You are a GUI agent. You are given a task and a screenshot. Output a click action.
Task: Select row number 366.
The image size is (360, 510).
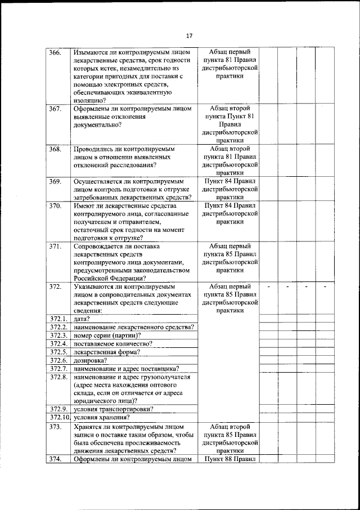[x=55, y=52]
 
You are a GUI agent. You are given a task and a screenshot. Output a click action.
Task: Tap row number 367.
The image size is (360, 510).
[x=55, y=109]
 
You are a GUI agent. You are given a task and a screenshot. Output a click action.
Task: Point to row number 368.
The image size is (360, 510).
[x=55, y=149]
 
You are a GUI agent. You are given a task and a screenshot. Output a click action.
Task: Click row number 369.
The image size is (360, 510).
[x=55, y=181]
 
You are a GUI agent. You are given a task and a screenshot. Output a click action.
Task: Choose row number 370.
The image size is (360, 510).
[x=55, y=206]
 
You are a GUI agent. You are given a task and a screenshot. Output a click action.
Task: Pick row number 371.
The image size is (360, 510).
[x=55, y=246]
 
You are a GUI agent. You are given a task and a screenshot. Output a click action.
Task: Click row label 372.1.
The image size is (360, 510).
[x=58, y=319]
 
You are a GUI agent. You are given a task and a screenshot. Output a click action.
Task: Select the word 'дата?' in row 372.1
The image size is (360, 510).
[x=82, y=319]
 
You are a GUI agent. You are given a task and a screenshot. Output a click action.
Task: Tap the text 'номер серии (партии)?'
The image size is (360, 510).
[x=107, y=335]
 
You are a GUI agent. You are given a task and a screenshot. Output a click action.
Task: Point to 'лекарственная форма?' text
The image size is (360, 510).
[x=107, y=352]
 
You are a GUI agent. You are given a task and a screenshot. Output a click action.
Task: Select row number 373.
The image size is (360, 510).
[x=55, y=426]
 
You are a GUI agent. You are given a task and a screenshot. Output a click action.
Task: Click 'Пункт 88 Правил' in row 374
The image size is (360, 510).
[x=229, y=459]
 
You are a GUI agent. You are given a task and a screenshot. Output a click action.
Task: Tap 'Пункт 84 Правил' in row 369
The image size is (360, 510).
[x=229, y=181]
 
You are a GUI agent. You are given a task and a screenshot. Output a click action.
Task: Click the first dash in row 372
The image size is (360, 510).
[x=269, y=287]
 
